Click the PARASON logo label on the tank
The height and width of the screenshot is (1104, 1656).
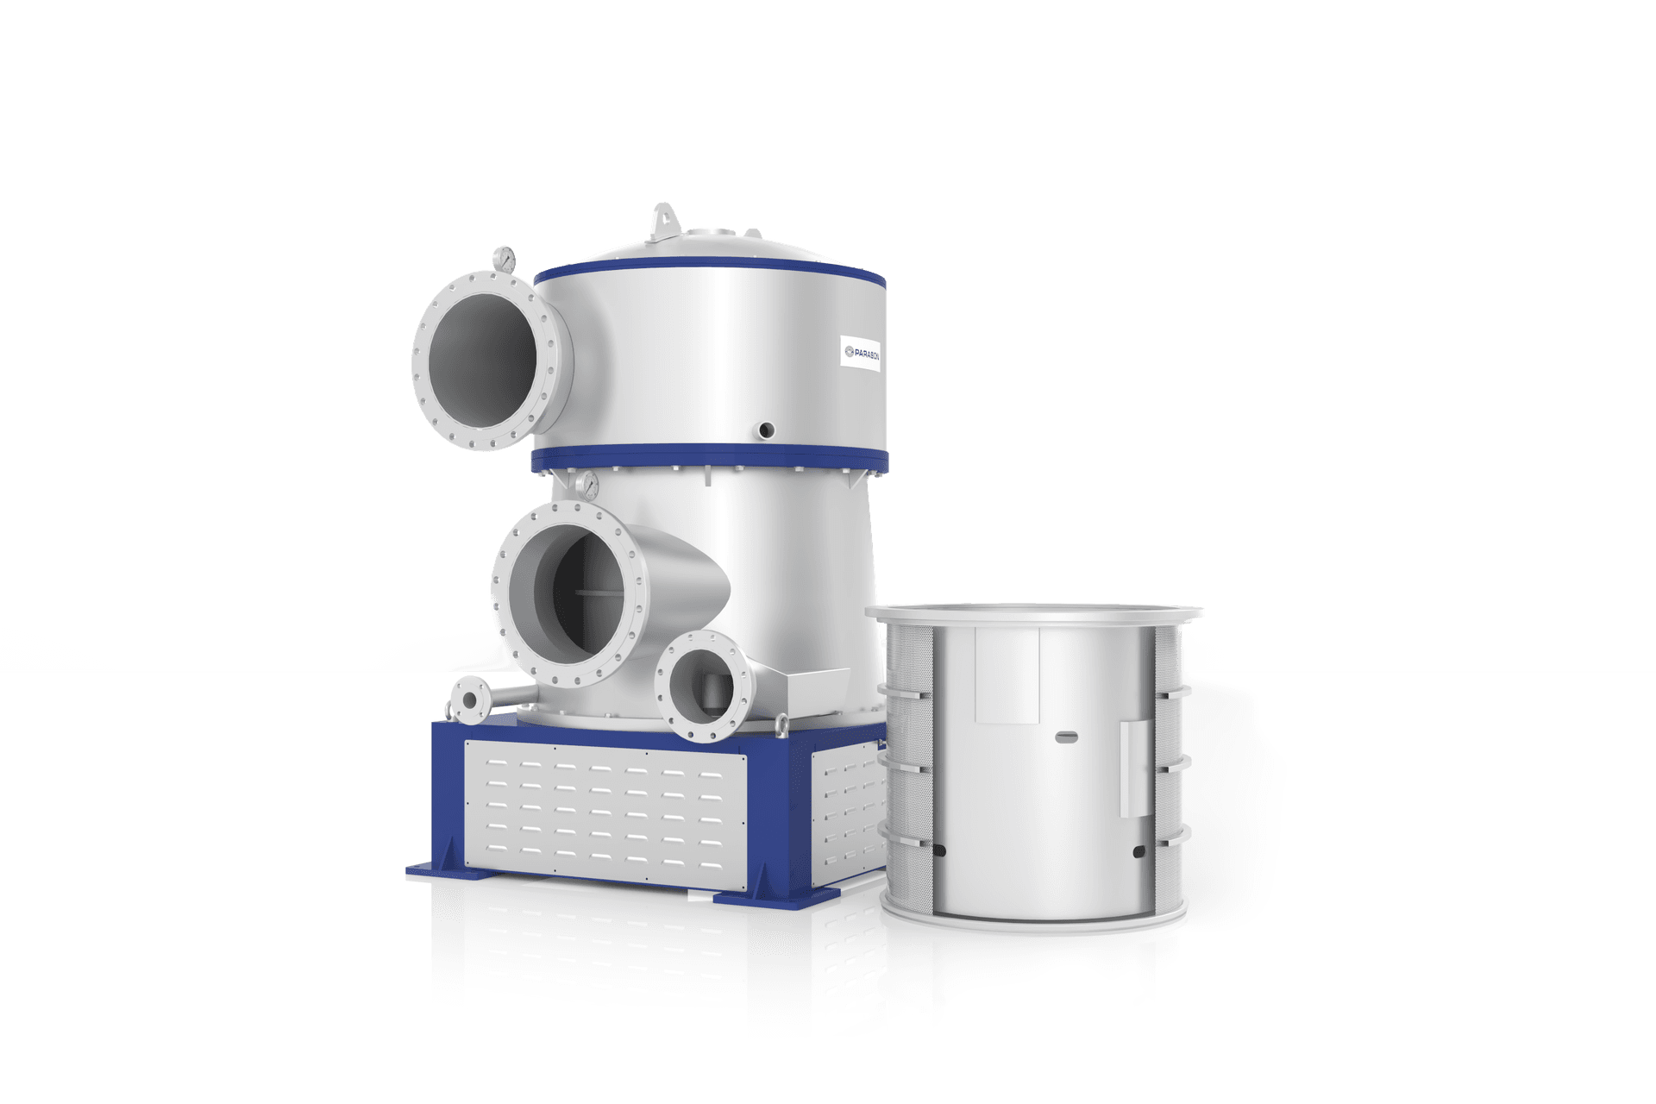point(860,353)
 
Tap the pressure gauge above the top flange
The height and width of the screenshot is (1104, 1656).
point(504,258)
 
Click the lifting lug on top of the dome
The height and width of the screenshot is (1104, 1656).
point(662,218)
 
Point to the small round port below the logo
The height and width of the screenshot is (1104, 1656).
point(764,429)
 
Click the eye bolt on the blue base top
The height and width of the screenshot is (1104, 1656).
point(781,724)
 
